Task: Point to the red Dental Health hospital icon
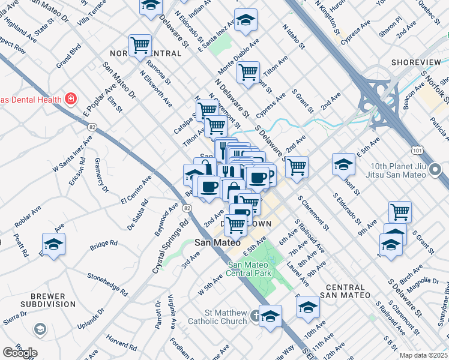pyautogui.click(x=71, y=98)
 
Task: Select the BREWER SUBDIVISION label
pyautogui.click(x=40, y=301)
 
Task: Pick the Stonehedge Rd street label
pyautogui.click(x=107, y=284)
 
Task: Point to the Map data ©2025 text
pyautogui.click(x=423, y=355)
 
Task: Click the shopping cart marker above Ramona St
pyautogui.click(x=140, y=44)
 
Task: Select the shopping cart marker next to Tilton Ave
pyautogui.click(x=248, y=72)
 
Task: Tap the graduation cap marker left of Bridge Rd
pyautogui.click(x=53, y=244)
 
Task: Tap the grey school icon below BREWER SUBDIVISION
pyautogui.click(x=40, y=329)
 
